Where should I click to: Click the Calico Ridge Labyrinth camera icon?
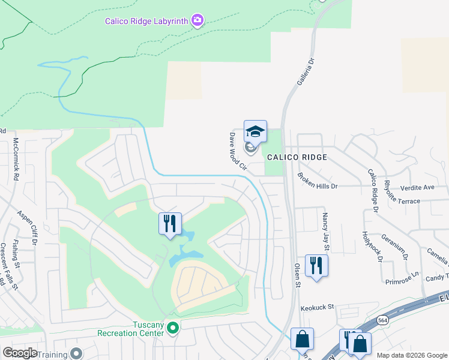(x=197, y=21)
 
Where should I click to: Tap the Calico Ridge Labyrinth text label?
(x=147, y=21)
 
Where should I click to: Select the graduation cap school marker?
(x=255, y=131)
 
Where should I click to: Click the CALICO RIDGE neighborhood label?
(x=297, y=157)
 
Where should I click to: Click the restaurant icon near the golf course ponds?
(x=170, y=224)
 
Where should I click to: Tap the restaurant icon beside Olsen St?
(x=316, y=265)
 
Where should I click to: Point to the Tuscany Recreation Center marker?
(x=173, y=328)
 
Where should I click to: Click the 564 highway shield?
(x=382, y=322)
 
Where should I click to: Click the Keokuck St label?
(x=317, y=307)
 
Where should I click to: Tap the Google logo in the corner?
(x=20, y=352)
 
